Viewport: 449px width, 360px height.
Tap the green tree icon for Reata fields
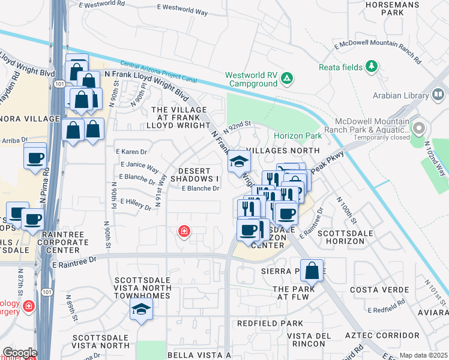coord(372,65)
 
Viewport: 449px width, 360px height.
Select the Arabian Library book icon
coord(438,95)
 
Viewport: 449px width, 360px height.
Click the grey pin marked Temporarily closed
coord(418,128)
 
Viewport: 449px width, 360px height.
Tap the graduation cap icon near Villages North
coord(239,161)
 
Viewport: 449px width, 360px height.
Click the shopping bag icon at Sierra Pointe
coord(312,270)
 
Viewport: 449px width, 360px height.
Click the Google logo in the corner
coord(20,353)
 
